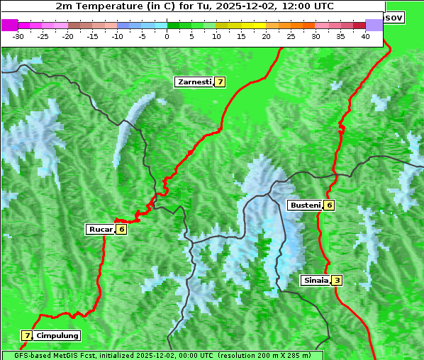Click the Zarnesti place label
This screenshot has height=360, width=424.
(x=194, y=82)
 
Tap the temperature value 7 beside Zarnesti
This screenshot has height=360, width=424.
(x=221, y=82)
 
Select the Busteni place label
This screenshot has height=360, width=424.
(x=305, y=206)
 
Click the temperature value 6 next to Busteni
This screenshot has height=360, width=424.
(x=329, y=206)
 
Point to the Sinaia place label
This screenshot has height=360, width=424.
(x=316, y=281)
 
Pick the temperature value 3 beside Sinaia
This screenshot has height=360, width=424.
(x=337, y=281)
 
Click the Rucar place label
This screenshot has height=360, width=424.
(x=100, y=229)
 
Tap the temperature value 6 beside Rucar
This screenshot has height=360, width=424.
(x=121, y=229)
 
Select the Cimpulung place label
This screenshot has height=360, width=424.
(x=57, y=335)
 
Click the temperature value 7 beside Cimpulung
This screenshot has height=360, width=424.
(x=27, y=335)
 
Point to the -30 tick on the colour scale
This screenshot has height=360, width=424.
(x=18, y=36)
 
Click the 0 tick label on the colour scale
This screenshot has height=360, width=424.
(x=167, y=36)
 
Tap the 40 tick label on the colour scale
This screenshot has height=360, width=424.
(x=365, y=36)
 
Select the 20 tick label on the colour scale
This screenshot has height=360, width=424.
(x=267, y=36)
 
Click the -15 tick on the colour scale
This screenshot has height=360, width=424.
(x=93, y=36)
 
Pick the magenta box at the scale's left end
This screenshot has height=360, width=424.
(x=9, y=25)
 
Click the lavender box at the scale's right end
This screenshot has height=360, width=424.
(x=374, y=25)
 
